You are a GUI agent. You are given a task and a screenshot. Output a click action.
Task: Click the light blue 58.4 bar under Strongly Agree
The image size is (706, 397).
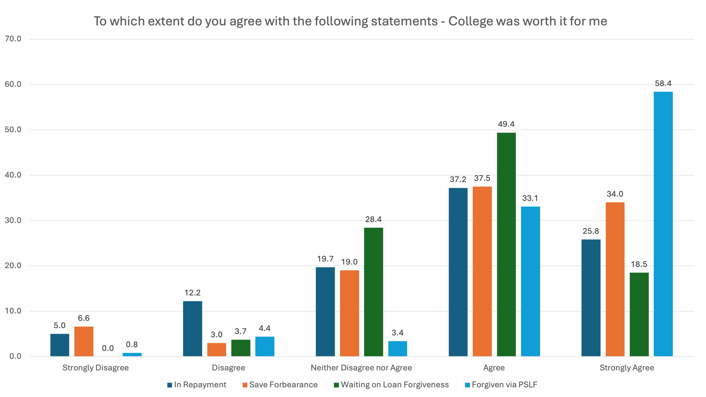[x=663, y=224]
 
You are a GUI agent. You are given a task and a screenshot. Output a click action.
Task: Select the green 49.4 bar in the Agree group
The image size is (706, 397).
[x=506, y=244]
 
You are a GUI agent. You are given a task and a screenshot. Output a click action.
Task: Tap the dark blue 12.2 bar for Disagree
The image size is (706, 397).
[x=192, y=329]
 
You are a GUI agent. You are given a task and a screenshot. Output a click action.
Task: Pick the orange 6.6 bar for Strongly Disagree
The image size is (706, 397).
[x=84, y=341]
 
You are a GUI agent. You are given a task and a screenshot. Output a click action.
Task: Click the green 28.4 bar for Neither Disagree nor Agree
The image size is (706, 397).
[x=373, y=292]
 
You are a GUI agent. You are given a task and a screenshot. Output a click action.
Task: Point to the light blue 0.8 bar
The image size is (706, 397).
[x=132, y=355]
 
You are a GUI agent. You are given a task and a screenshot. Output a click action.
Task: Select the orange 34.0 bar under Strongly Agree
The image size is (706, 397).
[x=615, y=279]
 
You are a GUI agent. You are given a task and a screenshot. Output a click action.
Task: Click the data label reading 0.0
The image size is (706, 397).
[x=108, y=348]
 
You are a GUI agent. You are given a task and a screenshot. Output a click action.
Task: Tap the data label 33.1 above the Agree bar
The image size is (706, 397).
[x=530, y=198]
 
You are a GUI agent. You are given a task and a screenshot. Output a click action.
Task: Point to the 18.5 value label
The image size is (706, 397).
[x=639, y=264]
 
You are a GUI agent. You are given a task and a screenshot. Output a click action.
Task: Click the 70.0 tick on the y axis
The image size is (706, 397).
[x=13, y=39]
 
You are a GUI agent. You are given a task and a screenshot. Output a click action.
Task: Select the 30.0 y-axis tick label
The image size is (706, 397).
[x=13, y=220]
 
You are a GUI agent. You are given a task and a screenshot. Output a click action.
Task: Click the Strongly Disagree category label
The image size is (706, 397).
[x=95, y=368]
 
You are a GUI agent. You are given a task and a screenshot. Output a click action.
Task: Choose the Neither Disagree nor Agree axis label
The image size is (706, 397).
[x=361, y=368]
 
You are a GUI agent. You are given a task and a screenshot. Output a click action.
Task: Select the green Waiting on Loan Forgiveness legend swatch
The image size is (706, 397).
[x=336, y=385]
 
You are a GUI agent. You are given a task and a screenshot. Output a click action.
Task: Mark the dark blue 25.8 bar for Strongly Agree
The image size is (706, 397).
[x=591, y=298]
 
